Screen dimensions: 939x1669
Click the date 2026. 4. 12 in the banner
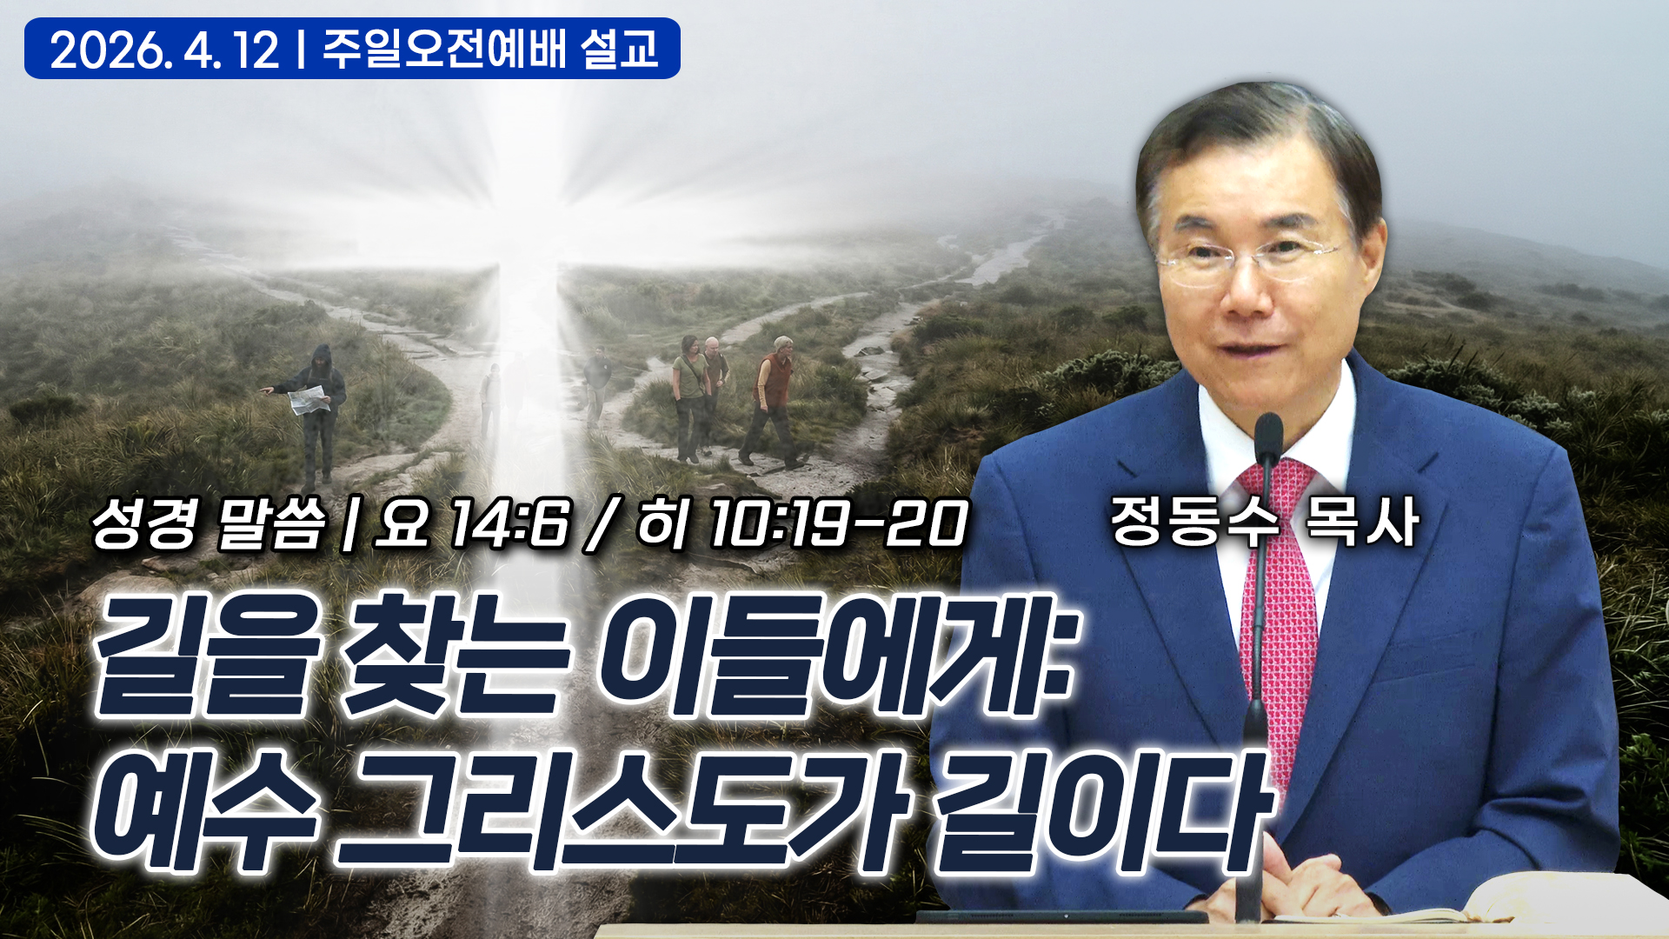(x=165, y=50)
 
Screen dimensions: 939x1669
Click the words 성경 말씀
(x=209, y=524)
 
